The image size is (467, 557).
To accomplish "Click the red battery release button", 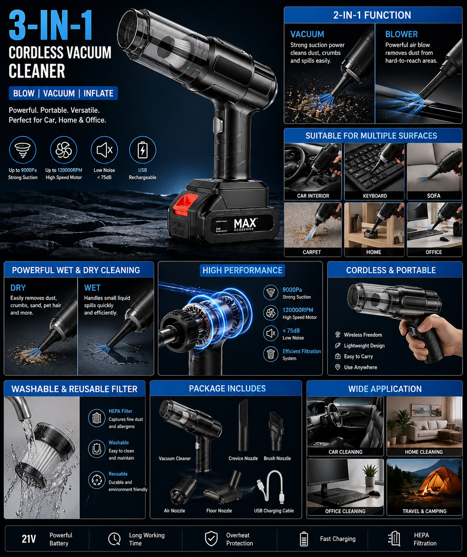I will [x=185, y=203].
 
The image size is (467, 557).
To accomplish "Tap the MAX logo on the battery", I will [x=245, y=223].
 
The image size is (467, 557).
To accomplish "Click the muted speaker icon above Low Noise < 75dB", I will [x=104, y=150].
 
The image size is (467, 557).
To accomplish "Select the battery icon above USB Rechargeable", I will [x=142, y=150].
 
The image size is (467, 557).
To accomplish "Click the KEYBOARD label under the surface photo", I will [x=375, y=196].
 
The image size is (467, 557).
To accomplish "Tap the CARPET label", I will [x=312, y=252].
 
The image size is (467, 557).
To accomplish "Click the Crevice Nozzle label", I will [x=243, y=459].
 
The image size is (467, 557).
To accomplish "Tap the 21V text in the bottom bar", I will [x=29, y=539].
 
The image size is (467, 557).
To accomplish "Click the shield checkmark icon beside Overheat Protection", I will [x=211, y=539].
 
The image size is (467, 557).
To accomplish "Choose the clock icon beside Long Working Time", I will [x=114, y=539].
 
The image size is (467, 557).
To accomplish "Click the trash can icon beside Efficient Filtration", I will [x=270, y=354].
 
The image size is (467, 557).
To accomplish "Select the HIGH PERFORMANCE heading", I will [x=242, y=270].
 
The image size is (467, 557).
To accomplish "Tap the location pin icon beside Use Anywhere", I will [x=337, y=367].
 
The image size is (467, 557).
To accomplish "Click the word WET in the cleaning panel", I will [x=92, y=288].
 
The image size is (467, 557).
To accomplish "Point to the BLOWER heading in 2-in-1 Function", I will [x=401, y=34].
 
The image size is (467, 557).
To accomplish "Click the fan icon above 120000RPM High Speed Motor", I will [x=64, y=150].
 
